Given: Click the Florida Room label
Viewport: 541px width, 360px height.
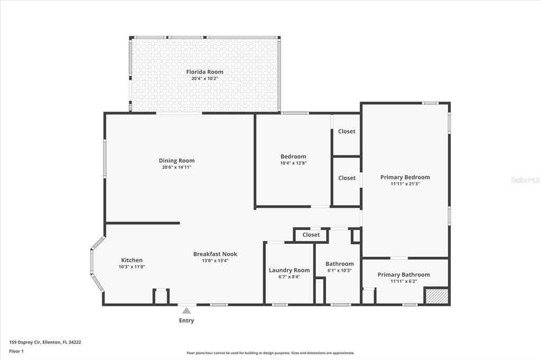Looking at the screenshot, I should [204, 72].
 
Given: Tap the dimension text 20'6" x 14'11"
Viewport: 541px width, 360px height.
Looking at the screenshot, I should [176, 167].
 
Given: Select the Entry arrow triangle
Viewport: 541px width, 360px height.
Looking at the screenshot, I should [186, 311].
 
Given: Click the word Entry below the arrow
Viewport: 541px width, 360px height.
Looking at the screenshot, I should [186, 320].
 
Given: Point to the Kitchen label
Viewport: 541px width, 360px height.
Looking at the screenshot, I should [132, 260].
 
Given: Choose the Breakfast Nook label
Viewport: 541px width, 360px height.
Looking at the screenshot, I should [211, 254].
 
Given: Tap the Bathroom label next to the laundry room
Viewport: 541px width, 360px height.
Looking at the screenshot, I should [339, 264].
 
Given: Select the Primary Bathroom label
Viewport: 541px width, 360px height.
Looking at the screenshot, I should [403, 274].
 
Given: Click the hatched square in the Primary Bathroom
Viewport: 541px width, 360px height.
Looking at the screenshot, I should [437, 296].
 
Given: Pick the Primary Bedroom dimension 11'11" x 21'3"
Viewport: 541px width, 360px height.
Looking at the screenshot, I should [405, 184].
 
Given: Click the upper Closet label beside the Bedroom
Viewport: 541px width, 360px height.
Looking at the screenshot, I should [347, 131].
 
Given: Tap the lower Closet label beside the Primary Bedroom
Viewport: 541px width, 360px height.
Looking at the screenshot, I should [347, 178].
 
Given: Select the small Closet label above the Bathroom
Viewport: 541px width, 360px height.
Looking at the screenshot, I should [311, 235].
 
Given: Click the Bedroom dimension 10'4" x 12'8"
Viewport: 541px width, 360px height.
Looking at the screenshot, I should [293, 163].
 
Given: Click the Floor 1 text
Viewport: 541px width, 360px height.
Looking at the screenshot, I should [16, 350].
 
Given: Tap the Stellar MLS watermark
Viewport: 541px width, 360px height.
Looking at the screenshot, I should [525, 180].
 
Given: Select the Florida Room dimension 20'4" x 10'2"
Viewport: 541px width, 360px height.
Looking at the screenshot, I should [204, 79].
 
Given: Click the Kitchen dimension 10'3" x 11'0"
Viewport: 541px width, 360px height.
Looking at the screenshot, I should [132, 267].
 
